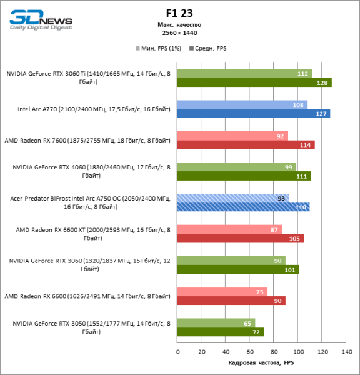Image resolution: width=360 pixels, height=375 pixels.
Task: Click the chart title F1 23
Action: (x=179, y=12)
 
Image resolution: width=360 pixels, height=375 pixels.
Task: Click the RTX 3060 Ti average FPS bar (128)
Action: (x=254, y=82)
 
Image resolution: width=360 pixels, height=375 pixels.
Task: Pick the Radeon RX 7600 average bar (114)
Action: (x=246, y=145)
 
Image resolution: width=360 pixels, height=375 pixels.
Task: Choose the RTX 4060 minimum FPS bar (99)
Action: (x=237, y=167)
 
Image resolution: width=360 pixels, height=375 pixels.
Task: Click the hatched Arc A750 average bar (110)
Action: (x=244, y=207)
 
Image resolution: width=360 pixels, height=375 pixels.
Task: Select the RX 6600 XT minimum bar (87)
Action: (x=230, y=229)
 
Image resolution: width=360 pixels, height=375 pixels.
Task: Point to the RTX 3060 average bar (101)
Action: (x=238, y=270)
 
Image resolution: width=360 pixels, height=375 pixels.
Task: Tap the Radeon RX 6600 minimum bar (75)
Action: (x=222, y=292)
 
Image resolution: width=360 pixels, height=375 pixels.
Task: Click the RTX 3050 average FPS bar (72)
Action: (x=221, y=332)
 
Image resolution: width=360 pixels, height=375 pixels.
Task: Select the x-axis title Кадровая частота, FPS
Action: (x=261, y=363)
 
